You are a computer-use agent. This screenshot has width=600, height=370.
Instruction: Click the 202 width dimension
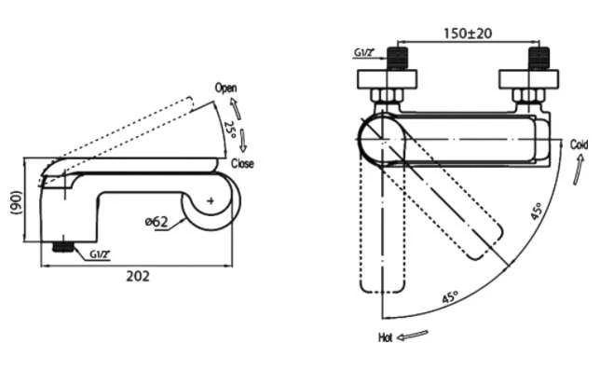[138, 276]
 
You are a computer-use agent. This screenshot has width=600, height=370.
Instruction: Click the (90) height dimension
[18, 203]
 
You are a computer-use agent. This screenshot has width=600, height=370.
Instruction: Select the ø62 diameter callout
[157, 221]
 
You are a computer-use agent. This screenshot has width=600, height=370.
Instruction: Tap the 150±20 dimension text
[468, 34]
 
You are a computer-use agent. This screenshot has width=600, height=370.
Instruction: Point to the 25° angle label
[229, 130]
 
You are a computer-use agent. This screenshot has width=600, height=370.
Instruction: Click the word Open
[225, 88]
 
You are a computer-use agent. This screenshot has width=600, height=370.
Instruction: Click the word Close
[242, 164]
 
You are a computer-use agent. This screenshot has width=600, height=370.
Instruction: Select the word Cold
[579, 144]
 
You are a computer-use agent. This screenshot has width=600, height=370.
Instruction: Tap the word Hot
[386, 337]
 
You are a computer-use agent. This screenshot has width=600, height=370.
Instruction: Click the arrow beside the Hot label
[413, 336]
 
